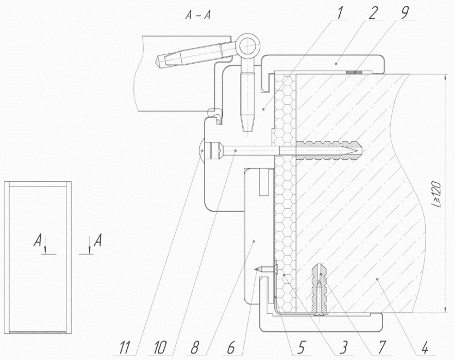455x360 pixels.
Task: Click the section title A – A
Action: coord(198,15)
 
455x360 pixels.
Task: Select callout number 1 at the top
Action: coord(339,14)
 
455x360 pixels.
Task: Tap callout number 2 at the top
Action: coord(373,14)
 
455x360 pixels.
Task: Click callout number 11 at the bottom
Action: coord(125,347)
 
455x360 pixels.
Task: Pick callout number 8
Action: coord(195,347)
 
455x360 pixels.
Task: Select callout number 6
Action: coord(231,347)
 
